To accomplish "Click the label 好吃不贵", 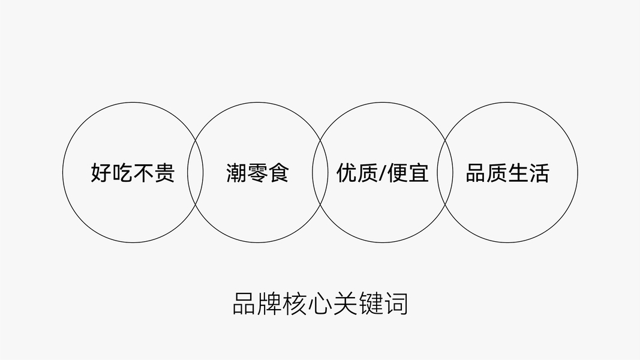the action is [x=133, y=173].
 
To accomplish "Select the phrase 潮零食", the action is [x=257, y=173].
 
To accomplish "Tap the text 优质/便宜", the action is [x=382, y=173].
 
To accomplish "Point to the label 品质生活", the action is [x=507, y=173].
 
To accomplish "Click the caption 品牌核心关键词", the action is [x=320, y=304].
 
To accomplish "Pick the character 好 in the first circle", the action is [x=101, y=173].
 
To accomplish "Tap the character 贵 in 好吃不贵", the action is [x=164, y=173].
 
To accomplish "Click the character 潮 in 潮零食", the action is [x=236, y=173].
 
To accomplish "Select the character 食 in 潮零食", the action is [x=279, y=173].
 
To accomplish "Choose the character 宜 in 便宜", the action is [x=419, y=173].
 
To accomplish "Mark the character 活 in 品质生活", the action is [x=539, y=173].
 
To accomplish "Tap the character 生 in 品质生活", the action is [x=518, y=173].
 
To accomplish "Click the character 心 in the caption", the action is [x=320, y=304].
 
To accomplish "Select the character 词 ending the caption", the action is [x=397, y=304].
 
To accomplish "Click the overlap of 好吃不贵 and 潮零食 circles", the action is [x=195, y=173].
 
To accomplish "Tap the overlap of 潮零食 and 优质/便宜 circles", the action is [x=320, y=173].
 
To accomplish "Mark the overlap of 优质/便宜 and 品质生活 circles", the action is [x=444, y=173].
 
